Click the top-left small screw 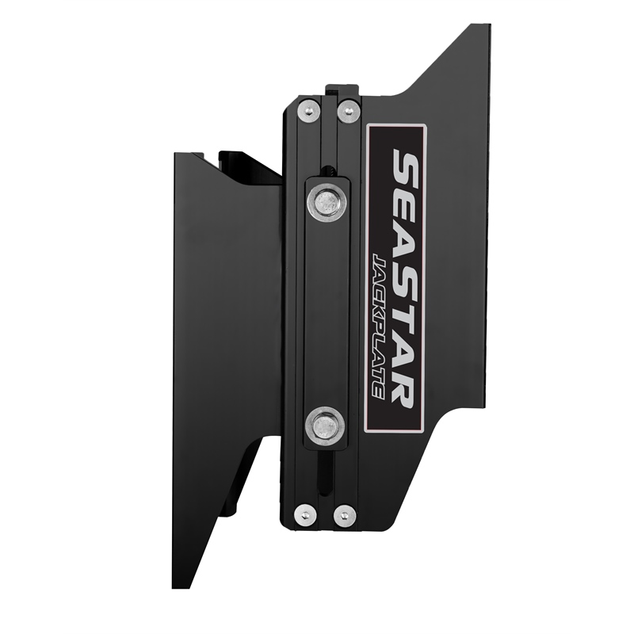tap(308, 110)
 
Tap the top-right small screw tap(349, 110)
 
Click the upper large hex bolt tap(327, 202)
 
